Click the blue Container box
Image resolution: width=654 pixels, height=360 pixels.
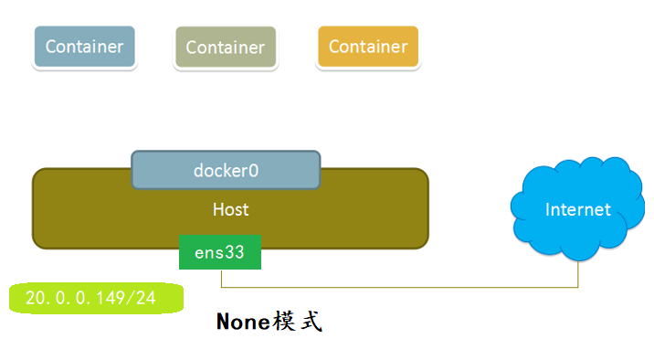[84, 47]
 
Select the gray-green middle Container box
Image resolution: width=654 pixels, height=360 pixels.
[225, 48]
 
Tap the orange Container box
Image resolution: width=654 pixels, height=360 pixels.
[367, 47]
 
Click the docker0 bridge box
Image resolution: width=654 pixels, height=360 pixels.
[226, 170]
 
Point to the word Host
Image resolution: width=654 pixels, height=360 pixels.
[230, 209]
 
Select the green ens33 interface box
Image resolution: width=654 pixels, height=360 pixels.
[220, 252]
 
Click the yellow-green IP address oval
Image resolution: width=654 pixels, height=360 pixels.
[96, 299]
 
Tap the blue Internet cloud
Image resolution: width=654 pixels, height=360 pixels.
[576, 210]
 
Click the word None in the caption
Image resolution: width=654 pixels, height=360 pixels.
[243, 323]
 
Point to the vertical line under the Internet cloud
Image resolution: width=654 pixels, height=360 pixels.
[579, 272]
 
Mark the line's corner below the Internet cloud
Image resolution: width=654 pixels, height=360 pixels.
[579, 288]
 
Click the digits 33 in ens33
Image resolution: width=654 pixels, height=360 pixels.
[235, 252]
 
